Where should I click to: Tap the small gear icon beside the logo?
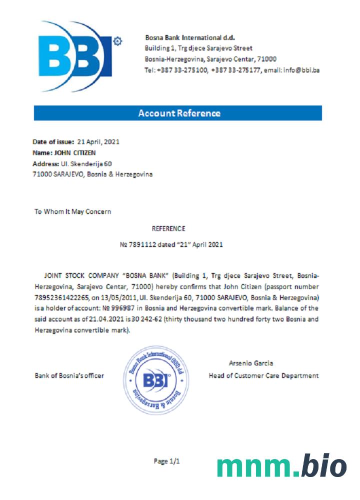point(118,40)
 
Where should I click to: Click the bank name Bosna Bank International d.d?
point(189,37)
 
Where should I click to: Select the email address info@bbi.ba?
point(301,70)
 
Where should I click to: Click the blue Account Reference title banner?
point(178,113)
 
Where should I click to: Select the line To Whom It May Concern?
point(72,211)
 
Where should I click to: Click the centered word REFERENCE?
point(168,229)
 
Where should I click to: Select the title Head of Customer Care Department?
point(263,375)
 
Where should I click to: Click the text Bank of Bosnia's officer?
point(69,375)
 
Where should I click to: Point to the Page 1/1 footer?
point(166,461)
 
